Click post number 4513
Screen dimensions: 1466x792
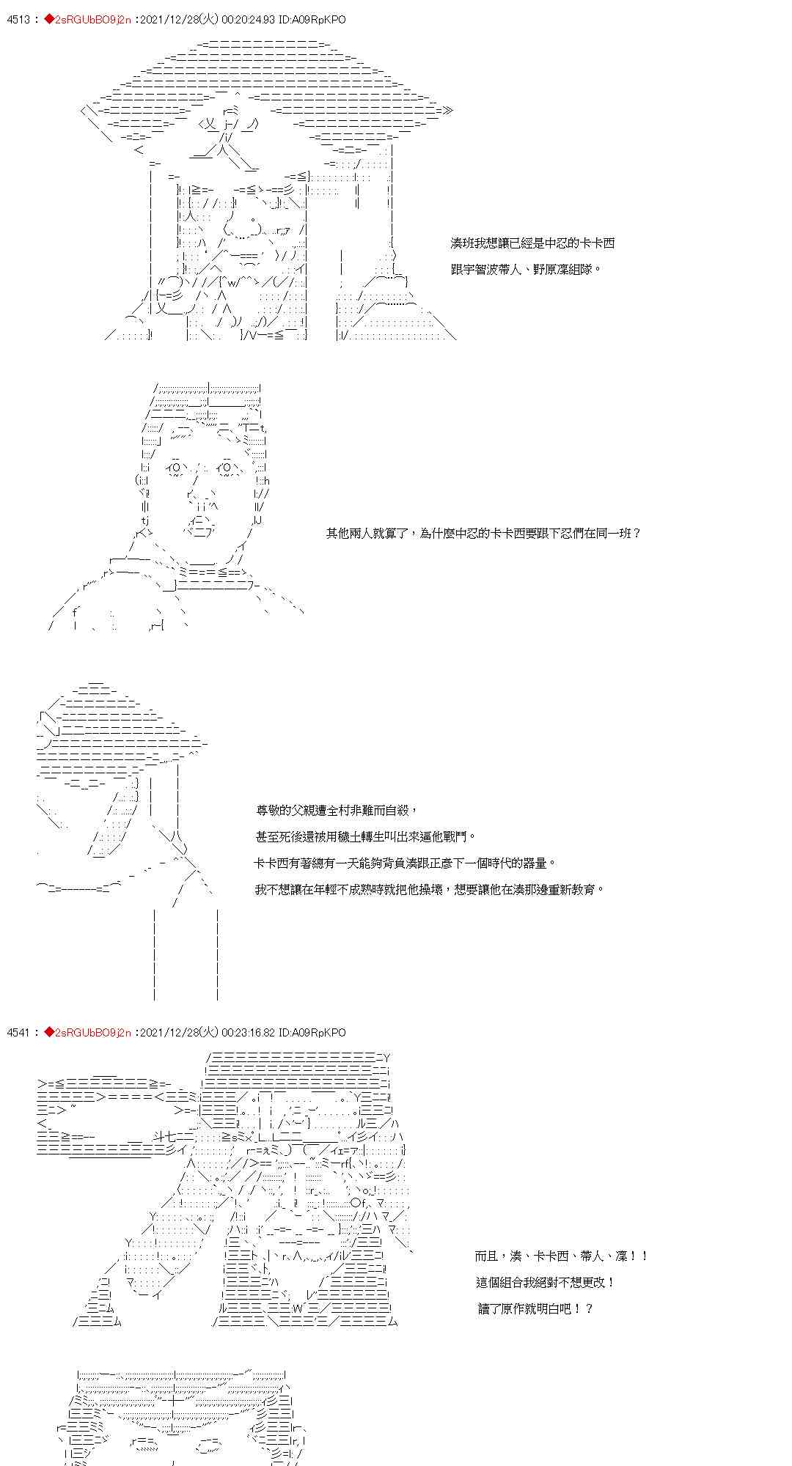[18, 20]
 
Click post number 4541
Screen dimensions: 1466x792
[18, 1032]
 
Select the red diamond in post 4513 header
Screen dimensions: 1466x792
[49, 20]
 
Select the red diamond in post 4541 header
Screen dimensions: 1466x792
[49, 1032]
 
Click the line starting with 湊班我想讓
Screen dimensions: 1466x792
[532, 243]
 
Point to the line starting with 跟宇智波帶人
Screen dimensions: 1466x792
[526, 269]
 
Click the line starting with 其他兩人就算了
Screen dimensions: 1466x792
[483, 533]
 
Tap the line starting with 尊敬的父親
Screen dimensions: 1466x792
[337, 810]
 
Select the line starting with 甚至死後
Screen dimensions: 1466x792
[364, 836]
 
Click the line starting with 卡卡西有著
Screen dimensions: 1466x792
[405, 863]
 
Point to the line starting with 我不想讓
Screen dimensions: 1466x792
[430, 889]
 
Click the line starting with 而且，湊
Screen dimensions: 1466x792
[561, 1256]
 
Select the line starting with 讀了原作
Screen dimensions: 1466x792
[535, 1308]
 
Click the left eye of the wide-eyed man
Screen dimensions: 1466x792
[177, 467]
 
